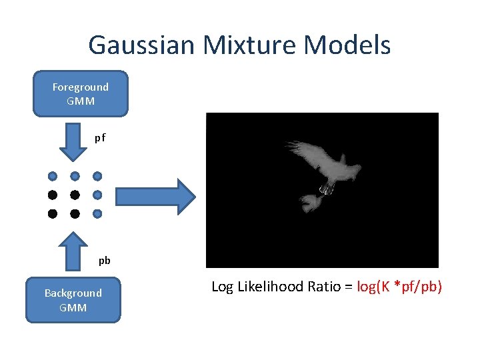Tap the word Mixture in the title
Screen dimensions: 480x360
(233, 45)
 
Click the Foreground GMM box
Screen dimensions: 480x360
(81, 94)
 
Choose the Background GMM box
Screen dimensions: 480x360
(73, 300)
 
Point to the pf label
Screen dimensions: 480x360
(100, 138)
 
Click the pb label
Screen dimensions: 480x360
(105, 261)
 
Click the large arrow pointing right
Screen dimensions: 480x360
(155, 196)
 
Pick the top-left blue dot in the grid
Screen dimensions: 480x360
(52, 177)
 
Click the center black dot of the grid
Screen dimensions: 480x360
(75, 195)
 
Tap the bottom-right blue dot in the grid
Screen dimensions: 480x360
(97, 214)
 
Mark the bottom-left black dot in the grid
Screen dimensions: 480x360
(52, 214)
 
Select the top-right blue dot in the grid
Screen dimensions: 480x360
(97, 177)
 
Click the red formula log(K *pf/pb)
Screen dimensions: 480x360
(399, 287)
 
